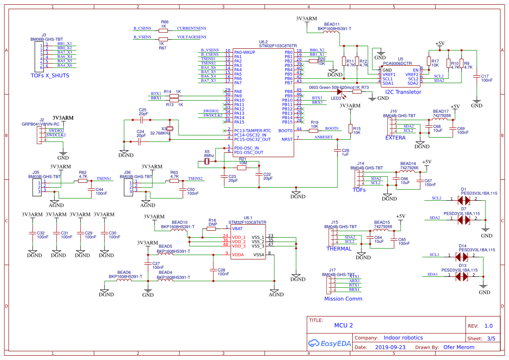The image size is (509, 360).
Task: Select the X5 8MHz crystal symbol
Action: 207,162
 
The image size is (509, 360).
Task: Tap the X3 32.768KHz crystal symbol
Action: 170,128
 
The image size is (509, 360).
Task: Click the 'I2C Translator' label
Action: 403,92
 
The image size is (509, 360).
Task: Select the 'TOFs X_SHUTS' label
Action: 50,75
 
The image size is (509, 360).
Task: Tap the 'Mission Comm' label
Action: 343,299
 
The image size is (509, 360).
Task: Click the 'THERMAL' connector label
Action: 339,249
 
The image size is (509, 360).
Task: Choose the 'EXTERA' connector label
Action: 395,138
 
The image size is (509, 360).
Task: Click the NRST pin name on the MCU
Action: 287,139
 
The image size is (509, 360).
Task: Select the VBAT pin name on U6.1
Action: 237,228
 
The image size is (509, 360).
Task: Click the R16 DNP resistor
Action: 211,228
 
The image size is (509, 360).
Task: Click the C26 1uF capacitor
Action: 337,150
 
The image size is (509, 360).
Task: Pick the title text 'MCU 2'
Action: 343,325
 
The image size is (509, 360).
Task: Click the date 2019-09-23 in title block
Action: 390,347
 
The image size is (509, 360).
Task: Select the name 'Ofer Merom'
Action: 458,347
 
